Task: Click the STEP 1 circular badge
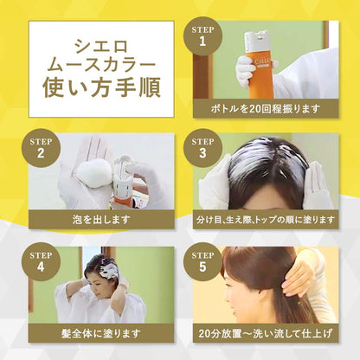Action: (x=202, y=35)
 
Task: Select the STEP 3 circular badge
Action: (x=203, y=149)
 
